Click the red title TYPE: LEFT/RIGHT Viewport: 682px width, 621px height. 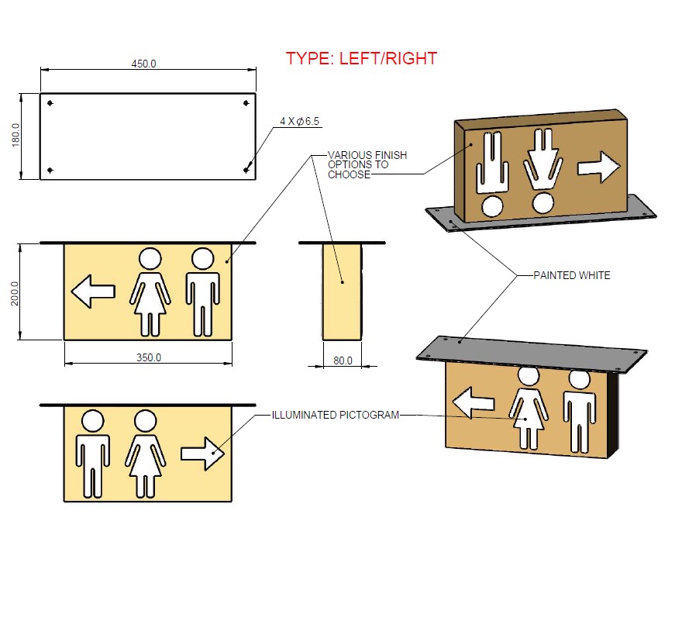tap(361, 58)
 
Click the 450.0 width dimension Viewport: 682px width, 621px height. tap(143, 64)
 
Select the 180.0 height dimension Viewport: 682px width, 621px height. tap(15, 136)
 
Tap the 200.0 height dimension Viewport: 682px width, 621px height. tap(15, 292)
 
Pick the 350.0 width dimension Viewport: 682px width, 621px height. tap(148, 358)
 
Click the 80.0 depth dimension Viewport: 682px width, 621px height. tap(343, 361)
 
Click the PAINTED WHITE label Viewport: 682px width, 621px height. tap(571, 275)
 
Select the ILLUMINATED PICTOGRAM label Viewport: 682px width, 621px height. tap(335, 415)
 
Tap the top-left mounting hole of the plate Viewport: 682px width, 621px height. tap(50, 103)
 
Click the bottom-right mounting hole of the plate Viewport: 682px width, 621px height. tap(246, 170)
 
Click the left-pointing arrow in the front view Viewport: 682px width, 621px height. tap(93, 292)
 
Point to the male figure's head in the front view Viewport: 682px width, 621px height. tap(202, 258)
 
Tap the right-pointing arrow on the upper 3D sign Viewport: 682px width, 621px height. tap(599, 165)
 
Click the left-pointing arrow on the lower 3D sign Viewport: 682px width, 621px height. tap(473, 403)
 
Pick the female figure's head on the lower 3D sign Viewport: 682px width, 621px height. tap(529, 376)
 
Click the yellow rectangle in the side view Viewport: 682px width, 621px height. tap(343, 292)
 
